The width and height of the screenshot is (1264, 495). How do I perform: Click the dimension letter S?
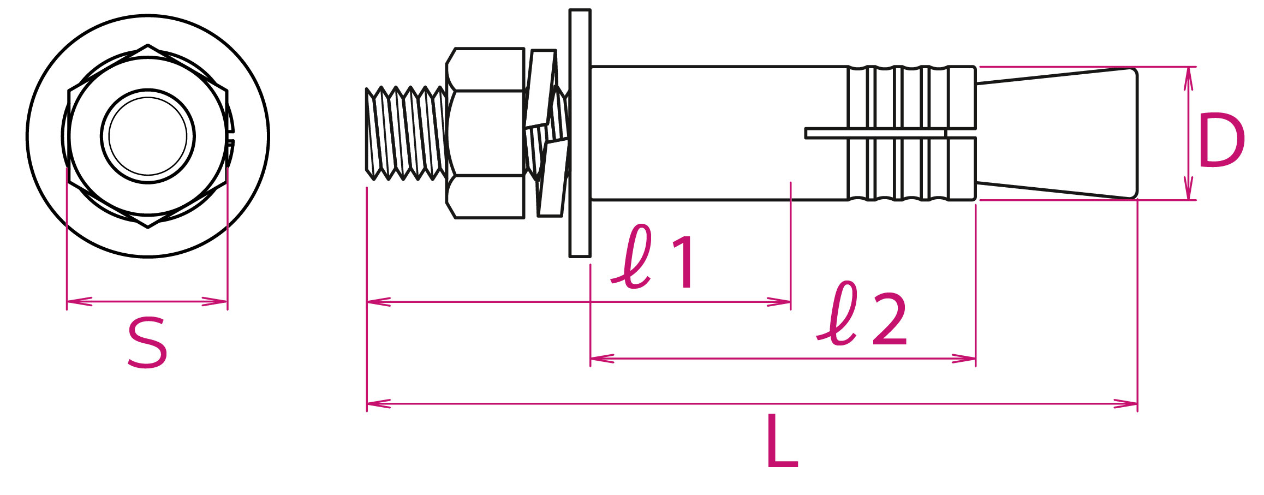click(x=147, y=344)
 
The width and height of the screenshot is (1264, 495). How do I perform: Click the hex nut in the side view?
click(x=486, y=133)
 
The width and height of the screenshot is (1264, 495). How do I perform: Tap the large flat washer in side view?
click(x=579, y=133)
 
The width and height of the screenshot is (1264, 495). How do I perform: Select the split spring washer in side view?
click(x=546, y=133)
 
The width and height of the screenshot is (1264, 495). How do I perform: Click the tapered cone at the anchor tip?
click(x=1064, y=133)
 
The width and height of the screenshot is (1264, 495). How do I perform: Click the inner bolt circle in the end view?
click(x=148, y=136)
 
